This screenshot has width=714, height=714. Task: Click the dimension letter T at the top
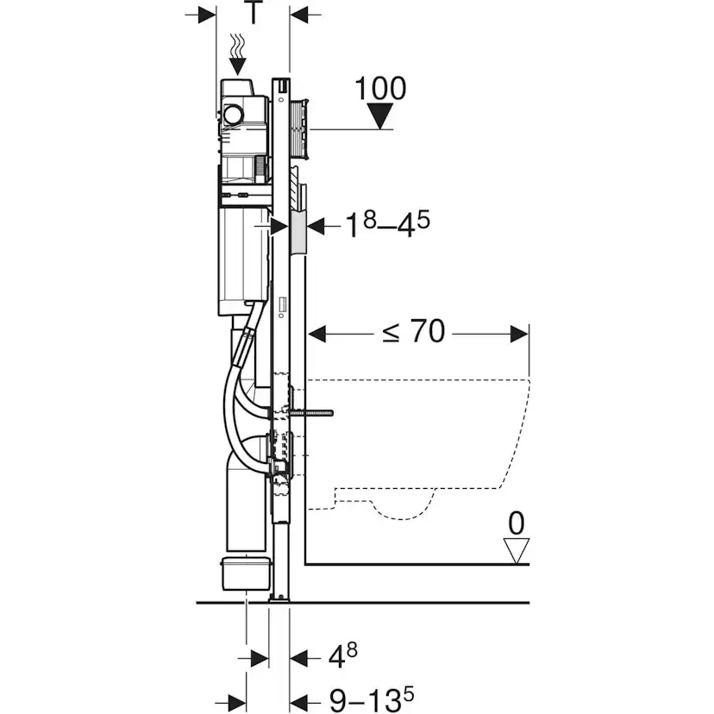pos(253,13)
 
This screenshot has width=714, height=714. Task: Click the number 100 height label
pos(379,88)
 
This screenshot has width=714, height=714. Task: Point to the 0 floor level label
pos(517,523)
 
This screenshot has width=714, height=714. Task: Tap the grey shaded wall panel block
pos(298,231)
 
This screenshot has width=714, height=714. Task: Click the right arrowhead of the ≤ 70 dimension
pos(520,332)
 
